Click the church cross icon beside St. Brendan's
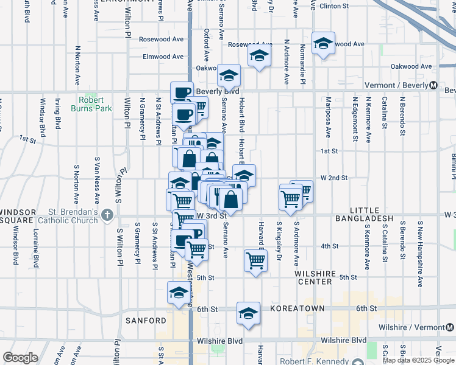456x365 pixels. tap(107, 214)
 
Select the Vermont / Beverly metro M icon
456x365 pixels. tap(433, 85)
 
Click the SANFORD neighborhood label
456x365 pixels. tap(146, 320)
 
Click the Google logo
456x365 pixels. tap(20, 358)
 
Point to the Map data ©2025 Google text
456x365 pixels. tap(418, 360)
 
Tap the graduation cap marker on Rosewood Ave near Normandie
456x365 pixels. tap(323, 43)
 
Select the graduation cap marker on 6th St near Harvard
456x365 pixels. tap(249, 313)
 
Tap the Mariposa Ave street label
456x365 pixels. tap(328, 124)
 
